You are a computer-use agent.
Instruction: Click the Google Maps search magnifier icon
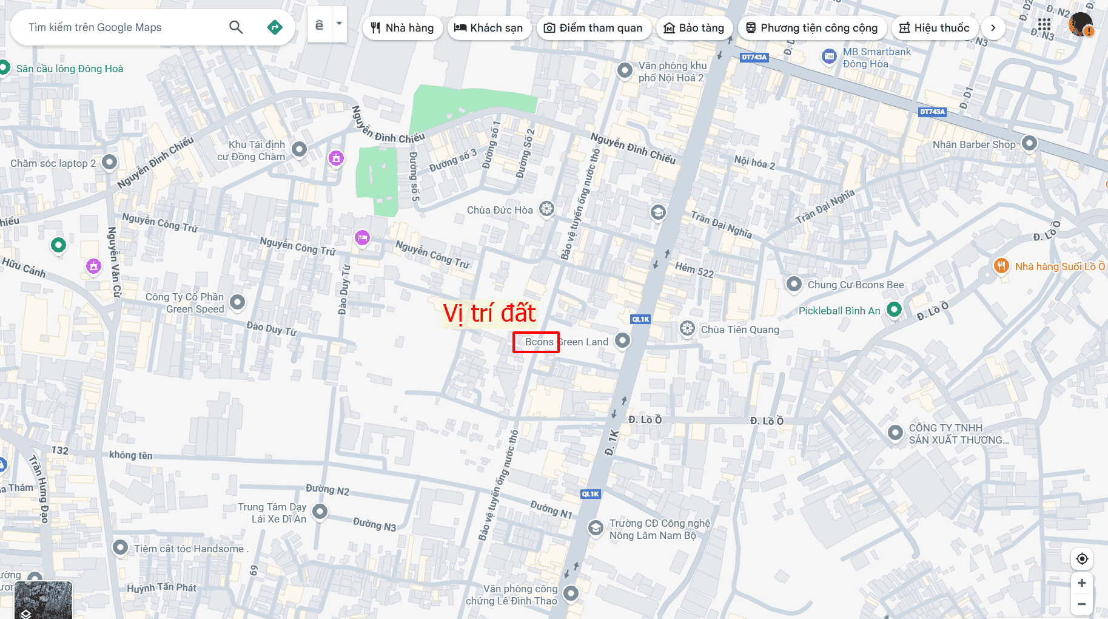coord(236,27)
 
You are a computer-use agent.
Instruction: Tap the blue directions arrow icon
coord(275,27)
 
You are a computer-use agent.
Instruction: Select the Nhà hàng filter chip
coord(403,28)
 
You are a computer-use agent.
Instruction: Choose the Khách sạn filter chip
coord(489,28)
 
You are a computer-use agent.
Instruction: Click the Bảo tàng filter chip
coord(694,28)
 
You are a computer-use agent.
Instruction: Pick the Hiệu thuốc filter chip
coord(934,28)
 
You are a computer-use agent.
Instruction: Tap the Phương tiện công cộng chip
coord(811,28)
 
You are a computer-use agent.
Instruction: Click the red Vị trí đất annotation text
coord(489,313)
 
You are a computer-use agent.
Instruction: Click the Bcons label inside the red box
coord(539,342)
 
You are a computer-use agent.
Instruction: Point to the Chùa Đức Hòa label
coord(500,210)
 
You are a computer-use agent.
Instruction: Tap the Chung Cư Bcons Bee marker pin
coord(794,284)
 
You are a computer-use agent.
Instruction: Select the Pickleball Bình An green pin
coord(894,309)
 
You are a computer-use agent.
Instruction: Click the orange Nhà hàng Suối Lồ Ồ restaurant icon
coord(1001,266)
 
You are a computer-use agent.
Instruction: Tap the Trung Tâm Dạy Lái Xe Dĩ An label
coord(272,513)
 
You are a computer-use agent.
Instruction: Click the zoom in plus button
coord(1082,583)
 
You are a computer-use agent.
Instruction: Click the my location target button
coord(1082,559)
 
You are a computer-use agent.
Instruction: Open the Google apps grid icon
coord(1044,25)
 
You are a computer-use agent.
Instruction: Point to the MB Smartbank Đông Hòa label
coord(876,58)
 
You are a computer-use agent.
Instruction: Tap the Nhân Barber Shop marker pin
coord(1029,144)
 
